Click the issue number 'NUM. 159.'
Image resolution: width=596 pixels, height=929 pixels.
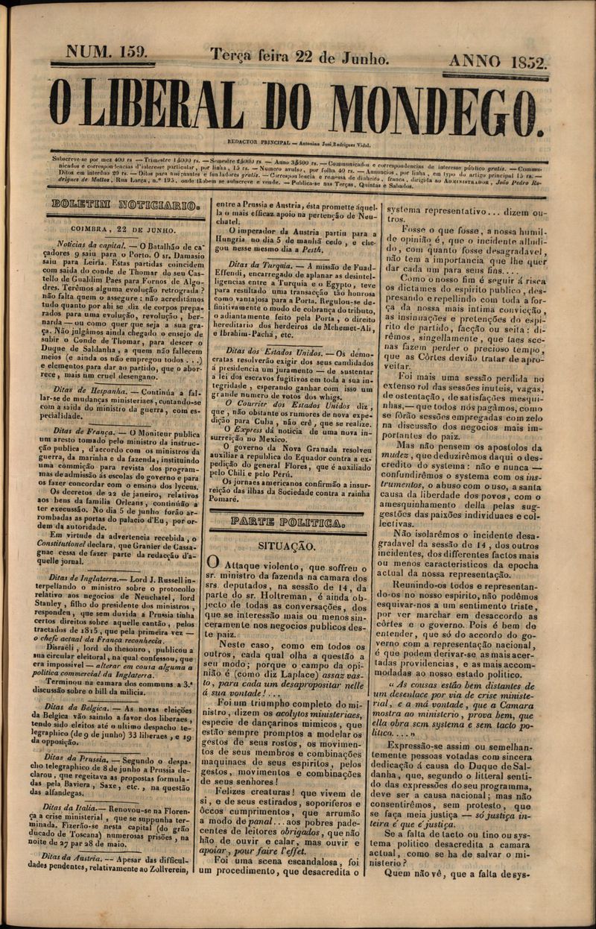(107, 52)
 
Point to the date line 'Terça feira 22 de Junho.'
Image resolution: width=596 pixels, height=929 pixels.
(299, 57)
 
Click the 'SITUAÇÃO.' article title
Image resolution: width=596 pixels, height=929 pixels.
(286, 546)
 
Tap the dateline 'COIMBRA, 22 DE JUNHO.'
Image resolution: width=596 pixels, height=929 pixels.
(123, 230)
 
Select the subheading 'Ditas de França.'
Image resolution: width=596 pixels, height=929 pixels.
(89, 431)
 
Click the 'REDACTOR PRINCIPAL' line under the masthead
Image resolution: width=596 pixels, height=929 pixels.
(298, 145)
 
